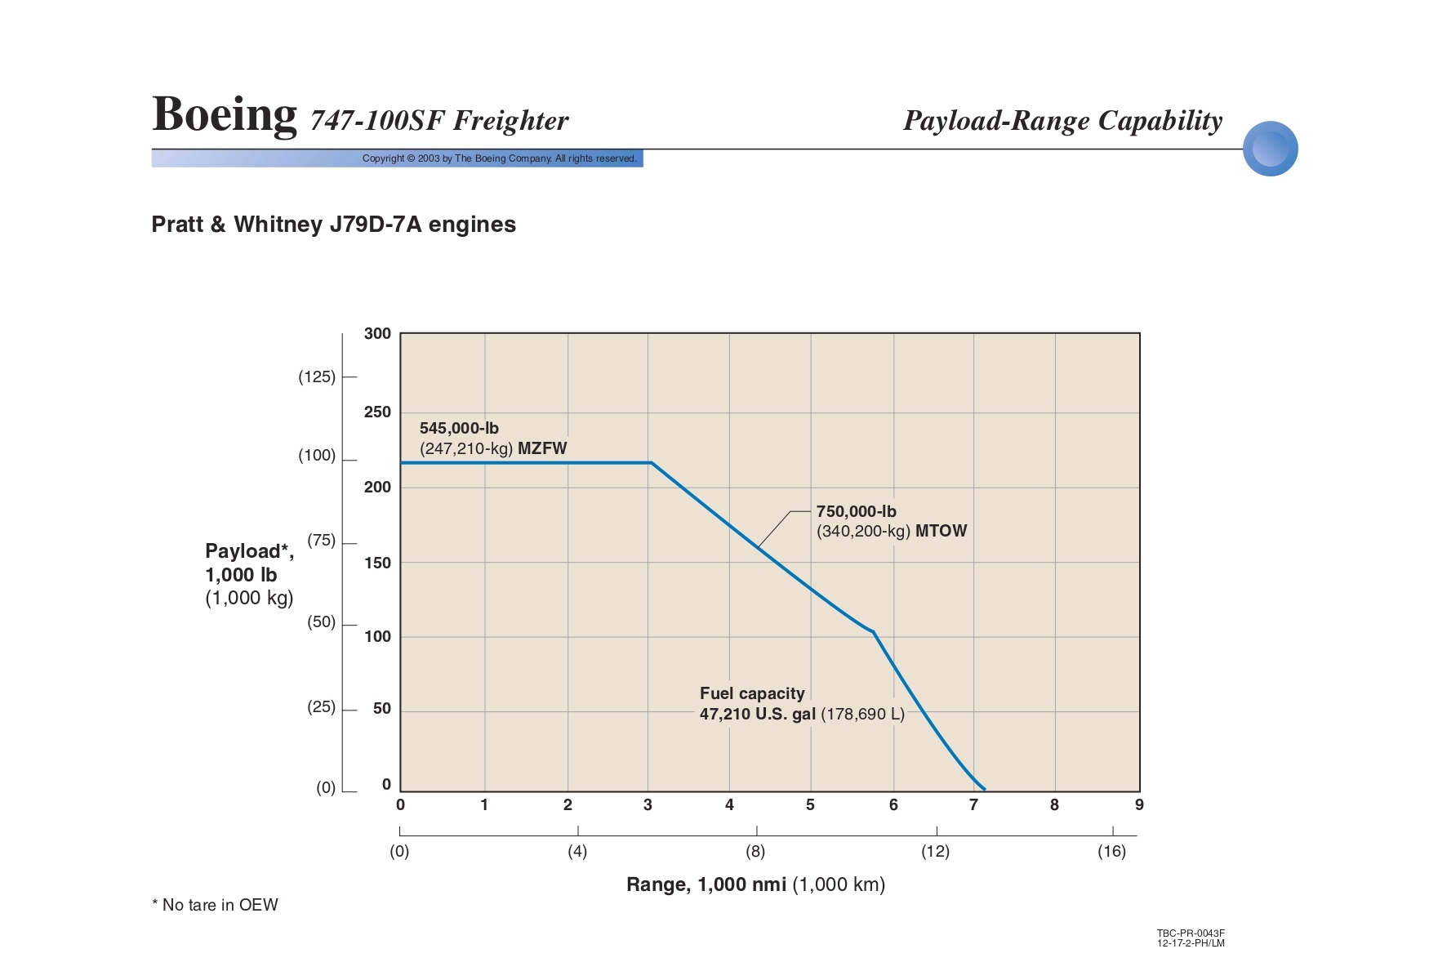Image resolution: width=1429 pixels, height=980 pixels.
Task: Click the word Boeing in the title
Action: [x=225, y=114]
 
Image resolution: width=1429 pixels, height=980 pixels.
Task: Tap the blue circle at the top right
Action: [x=1270, y=149]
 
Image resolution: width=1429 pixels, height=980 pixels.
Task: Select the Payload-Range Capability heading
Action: [x=1062, y=121]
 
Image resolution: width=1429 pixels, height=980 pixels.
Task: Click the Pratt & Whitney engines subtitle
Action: [x=333, y=225]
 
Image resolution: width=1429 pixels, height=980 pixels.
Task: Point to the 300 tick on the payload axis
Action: [x=377, y=333]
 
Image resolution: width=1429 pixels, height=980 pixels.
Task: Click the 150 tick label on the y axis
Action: [x=377, y=563]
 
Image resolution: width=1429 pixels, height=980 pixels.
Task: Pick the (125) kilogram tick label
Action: [x=317, y=376]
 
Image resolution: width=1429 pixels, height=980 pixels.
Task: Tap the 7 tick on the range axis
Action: [x=973, y=805]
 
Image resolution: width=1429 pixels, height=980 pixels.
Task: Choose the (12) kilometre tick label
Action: [x=935, y=852]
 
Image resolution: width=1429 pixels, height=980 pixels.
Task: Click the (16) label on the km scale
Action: [x=1111, y=852]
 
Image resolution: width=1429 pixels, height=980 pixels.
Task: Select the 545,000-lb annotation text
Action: [x=459, y=428]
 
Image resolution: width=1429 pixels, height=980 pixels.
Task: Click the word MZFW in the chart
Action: [x=542, y=448]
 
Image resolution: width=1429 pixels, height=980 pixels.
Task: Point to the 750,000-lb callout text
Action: [x=856, y=511]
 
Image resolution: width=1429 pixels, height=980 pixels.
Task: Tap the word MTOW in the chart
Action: [x=941, y=531]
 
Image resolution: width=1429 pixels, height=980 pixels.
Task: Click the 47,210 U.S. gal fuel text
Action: [x=757, y=714]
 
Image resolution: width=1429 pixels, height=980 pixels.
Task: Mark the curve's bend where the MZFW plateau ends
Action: [x=652, y=463]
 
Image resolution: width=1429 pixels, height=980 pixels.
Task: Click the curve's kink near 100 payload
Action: [x=873, y=632]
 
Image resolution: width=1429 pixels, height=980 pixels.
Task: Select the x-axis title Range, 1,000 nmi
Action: [x=706, y=884]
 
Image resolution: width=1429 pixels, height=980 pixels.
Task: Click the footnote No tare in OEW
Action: [x=216, y=905]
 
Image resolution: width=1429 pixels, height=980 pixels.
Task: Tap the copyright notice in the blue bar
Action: [x=499, y=158]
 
